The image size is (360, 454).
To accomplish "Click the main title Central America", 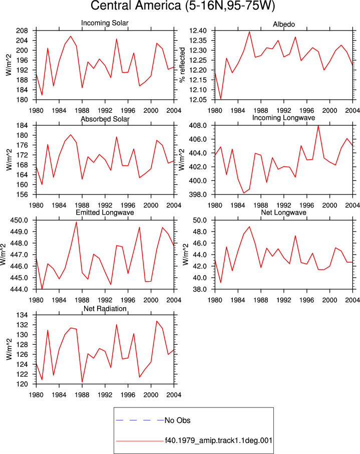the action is (137, 6).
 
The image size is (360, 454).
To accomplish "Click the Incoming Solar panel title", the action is (105, 23).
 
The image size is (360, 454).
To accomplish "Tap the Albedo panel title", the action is (283, 25).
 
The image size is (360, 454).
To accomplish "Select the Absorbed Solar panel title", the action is (105, 119).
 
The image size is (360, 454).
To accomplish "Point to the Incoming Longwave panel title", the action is (283, 118).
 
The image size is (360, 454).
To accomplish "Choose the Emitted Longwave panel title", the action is (105, 212).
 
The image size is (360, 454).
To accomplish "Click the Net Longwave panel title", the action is (283, 212).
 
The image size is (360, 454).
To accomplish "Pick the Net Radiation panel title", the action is (105, 309).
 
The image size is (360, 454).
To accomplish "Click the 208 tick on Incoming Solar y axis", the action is (23, 31).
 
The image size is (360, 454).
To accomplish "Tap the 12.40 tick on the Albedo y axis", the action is (198, 31).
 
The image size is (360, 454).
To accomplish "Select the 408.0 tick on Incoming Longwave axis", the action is (198, 126).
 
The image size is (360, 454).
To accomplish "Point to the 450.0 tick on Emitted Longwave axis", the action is (19, 220).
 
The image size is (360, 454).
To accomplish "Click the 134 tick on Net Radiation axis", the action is (23, 315).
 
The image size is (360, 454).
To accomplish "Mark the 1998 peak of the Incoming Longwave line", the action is (318, 126).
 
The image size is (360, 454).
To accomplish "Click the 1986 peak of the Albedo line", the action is (249, 32).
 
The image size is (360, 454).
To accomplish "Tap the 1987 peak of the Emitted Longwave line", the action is (77, 222).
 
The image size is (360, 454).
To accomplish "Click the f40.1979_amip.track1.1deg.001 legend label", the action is (218, 440).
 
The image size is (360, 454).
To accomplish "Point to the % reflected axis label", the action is (182, 65).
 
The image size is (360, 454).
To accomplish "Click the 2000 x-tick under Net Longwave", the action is (329, 300).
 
